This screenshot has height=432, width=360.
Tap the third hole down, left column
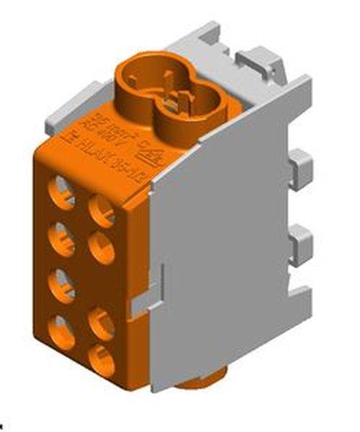[63, 284]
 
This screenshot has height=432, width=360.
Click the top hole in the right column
[102, 210]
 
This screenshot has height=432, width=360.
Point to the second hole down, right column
[102, 249]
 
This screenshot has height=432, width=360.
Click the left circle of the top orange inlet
[142, 78]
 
